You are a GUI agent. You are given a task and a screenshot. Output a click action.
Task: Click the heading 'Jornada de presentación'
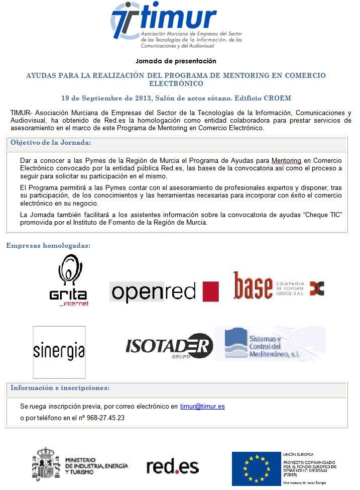176,61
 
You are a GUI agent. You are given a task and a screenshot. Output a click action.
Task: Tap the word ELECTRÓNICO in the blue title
176,84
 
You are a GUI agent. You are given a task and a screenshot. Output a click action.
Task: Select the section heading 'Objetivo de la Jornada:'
51,143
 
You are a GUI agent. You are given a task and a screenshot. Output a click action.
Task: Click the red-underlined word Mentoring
286,160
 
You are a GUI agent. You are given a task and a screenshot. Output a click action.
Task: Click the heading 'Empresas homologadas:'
48,246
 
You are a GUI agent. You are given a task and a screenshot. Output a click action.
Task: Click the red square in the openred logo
210,291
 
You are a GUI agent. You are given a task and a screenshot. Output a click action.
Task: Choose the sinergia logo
59,352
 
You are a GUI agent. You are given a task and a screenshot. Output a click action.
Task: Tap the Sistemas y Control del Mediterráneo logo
270,344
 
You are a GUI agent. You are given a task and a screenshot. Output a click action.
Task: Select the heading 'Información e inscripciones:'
60,388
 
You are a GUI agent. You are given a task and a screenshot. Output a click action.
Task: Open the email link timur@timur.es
202,407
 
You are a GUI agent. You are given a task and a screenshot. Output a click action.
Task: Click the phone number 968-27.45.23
104,418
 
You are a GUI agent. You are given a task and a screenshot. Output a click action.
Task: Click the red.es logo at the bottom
173,467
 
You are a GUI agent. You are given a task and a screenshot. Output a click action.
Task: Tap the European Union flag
256,467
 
